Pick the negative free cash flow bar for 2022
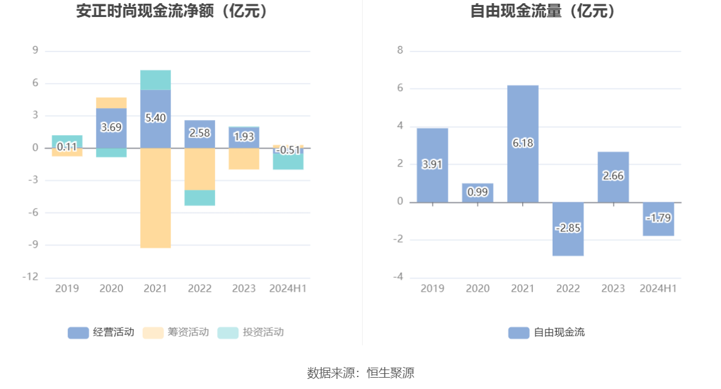coord(568,229)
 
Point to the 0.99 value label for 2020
coord(478,192)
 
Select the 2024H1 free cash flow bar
coord(658,219)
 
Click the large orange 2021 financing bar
coord(155,198)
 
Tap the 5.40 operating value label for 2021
coord(155,118)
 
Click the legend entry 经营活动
coord(101,332)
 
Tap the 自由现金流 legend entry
coord(547,332)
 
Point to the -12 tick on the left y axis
coord(31,277)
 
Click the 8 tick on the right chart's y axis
coord(400,50)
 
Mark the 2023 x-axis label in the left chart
coord(244,288)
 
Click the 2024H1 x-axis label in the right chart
coord(658,288)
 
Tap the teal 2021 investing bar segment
coord(155,80)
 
